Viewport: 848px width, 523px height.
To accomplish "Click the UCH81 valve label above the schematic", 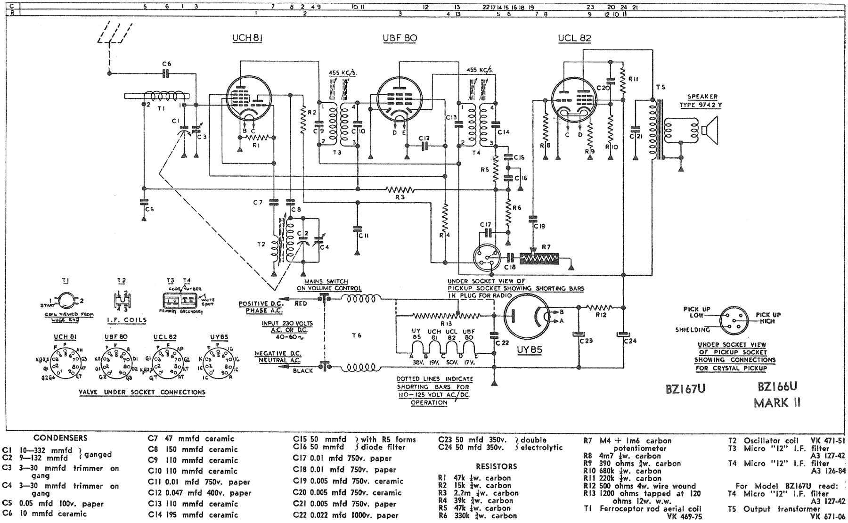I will (247, 39).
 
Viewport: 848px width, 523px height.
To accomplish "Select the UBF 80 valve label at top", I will (400, 39).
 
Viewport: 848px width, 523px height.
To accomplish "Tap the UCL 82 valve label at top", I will (574, 39).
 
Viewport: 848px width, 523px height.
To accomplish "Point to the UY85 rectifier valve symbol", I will (526, 319).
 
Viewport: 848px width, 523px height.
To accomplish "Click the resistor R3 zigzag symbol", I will (400, 190).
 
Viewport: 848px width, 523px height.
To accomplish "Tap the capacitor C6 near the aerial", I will (166, 74).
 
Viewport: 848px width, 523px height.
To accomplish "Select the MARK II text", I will (778, 403).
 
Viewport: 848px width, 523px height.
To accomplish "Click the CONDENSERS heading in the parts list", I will (60, 438).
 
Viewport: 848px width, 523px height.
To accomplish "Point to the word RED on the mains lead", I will (301, 304).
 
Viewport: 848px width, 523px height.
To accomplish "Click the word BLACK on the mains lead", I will (303, 371).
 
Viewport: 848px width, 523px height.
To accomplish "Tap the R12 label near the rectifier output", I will (600, 315).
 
